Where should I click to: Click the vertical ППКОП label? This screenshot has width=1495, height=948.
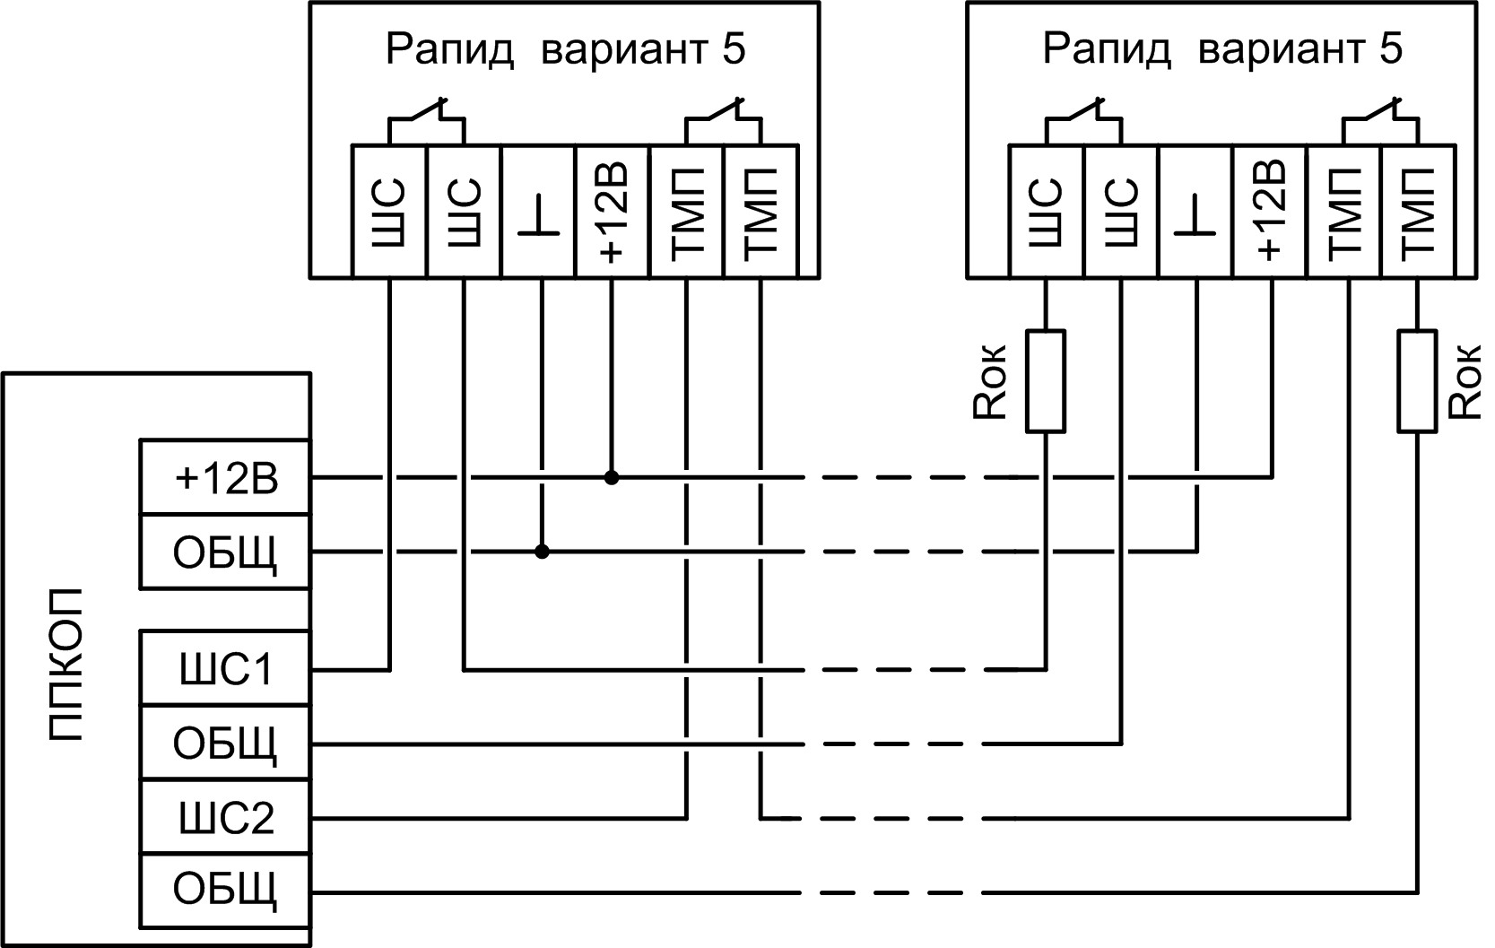coord(65,665)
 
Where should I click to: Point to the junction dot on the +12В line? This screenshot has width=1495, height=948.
coord(612,477)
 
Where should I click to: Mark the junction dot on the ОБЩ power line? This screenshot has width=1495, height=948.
coord(542,551)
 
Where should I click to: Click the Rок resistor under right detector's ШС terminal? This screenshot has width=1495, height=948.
coord(1046,381)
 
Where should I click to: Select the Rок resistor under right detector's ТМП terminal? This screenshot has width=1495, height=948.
coord(1417,381)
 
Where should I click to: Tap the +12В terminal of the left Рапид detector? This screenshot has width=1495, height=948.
coord(612,212)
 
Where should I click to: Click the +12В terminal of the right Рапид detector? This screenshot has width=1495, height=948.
coord(1270,212)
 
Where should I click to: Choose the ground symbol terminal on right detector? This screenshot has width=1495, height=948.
coord(1195,212)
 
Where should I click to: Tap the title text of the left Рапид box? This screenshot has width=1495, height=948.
coord(565,49)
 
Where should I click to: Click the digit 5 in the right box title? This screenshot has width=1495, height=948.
coord(1391,48)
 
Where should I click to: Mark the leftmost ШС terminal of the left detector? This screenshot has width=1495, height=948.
coord(389,212)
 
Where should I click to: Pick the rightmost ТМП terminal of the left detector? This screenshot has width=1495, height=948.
coord(761,212)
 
